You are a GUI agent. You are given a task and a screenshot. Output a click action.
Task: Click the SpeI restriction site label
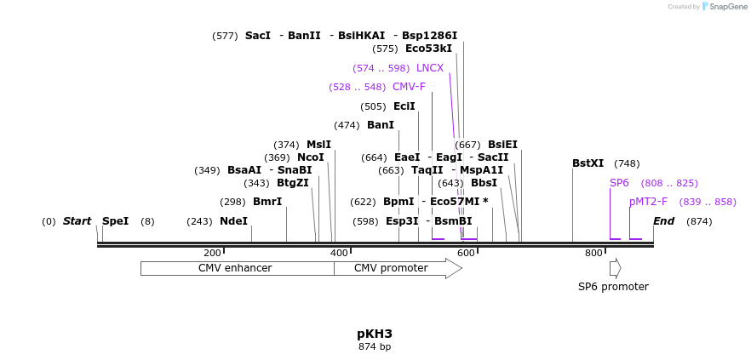[x=115, y=221]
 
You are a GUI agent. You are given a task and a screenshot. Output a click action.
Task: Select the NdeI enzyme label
[x=233, y=221]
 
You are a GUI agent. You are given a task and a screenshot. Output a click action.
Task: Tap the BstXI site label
[x=588, y=163]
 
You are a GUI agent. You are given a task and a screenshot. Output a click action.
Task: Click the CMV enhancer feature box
[x=235, y=268]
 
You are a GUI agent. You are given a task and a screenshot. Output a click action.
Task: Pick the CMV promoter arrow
[x=392, y=268]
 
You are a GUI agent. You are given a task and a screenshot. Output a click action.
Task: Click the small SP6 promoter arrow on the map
[x=615, y=268]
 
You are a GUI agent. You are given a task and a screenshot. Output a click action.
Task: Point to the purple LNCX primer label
[x=430, y=68]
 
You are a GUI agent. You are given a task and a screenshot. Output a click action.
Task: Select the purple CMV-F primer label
[x=409, y=87]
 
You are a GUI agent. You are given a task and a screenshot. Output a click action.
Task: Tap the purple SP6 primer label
[x=619, y=183]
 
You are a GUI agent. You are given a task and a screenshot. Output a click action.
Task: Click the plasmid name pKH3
[x=375, y=334]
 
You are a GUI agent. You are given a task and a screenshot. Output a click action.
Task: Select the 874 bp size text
[x=375, y=347]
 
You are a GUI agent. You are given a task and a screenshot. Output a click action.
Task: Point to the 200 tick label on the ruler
[x=212, y=253]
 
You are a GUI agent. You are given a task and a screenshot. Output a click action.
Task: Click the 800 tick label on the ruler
[x=593, y=253]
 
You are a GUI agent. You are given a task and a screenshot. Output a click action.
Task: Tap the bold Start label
[x=77, y=221]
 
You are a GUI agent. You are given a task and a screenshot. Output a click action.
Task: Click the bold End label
[x=663, y=221]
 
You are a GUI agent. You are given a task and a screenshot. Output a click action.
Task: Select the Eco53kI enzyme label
[x=428, y=49]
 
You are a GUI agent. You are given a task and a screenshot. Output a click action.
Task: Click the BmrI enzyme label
[x=267, y=202]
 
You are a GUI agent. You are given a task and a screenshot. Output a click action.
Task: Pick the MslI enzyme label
[x=318, y=145]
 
